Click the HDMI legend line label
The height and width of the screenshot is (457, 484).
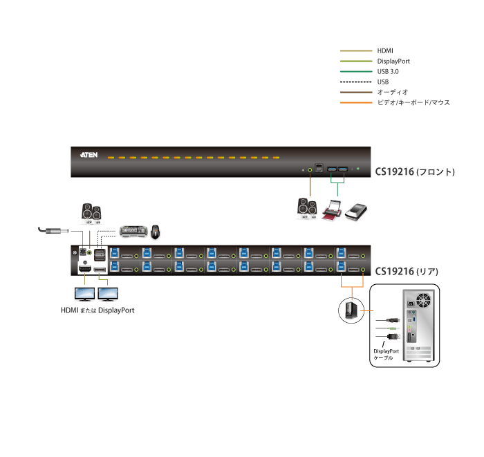coord(385,51)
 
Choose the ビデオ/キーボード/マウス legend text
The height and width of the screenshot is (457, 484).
coord(413,102)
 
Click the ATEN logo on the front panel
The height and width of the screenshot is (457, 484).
coord(89,156)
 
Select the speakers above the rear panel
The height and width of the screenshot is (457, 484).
coord(91,214)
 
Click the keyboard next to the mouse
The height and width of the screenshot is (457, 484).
coord(133,231)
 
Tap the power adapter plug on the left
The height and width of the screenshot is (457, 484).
coord(53,231)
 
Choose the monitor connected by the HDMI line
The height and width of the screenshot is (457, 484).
coord(85,294)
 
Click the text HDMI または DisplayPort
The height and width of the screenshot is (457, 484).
coord(97,310)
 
